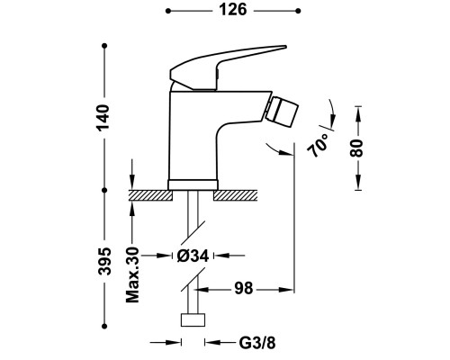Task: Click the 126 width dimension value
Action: click(x=233, y=10)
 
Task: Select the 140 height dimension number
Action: click(x=103, y=117)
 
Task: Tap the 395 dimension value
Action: click(x=104, y=261)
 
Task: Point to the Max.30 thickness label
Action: click(x=132, y=274)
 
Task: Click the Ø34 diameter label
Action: click(x=193, y=256)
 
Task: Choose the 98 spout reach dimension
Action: click(x=244, y=289)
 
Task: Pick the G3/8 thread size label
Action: click(x=257, y=343)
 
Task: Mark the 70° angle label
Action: click(x=318, y=146)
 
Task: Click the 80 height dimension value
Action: click(x=356, y=148)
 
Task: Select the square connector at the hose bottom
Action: click(x=193, y=320)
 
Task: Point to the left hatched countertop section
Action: click(x=150, y=195)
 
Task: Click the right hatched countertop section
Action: click(x=236, y=195)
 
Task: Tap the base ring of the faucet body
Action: click(x=193, y=184)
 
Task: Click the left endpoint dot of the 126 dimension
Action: click(x=168, y=11)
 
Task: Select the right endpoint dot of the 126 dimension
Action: click(x=298, y=11)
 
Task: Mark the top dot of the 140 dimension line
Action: click(x=104, y=46)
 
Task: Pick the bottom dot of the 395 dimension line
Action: click(x=104, y=326)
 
